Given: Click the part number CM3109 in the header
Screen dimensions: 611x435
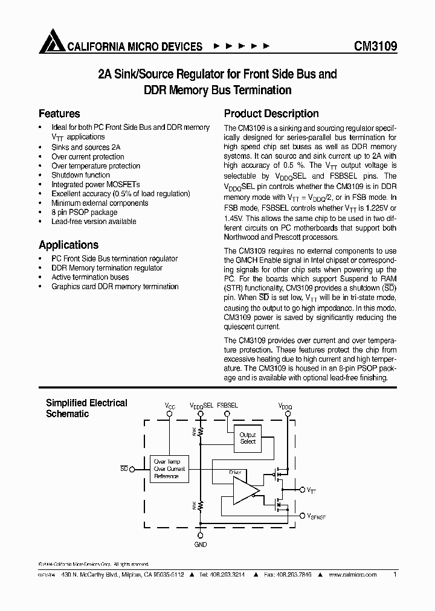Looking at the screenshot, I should pyautogui.click(x=375, y=46).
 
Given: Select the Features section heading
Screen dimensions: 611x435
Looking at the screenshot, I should pyautogui.click(x=59, y=114).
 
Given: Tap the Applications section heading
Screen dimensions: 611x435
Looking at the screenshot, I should pyautogui.click(x=68, y=245).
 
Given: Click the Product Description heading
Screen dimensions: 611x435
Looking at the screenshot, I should pyautogui.click(x=271, y=114).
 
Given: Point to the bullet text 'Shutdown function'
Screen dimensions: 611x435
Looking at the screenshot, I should pyautogui.click(x=81, y=175).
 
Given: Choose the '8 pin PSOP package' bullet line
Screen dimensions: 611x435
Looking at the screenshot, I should pyautogui.click(x=85, y=212).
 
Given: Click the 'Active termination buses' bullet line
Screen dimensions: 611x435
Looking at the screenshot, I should pyautogui.click(x=90, y=277).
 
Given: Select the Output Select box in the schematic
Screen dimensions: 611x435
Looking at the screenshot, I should pyautogui.click(x=248, y=438).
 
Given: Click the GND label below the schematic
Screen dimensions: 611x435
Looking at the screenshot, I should pyautogui.click(x=201, y=544).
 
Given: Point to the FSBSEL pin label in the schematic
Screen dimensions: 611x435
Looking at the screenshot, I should pyautogui.click(x=227, y=406).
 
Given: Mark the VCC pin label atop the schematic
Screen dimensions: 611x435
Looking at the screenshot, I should pyautogui.click(x=170, y=406).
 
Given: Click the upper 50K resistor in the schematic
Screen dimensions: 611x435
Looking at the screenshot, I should pyautogui.click(x=201, y=431).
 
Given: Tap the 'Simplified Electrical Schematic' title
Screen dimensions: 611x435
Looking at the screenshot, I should pyautogui.click(x=86, y=408).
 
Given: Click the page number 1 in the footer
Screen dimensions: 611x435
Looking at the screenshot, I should pyautogui.click(x=395, y=574).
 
